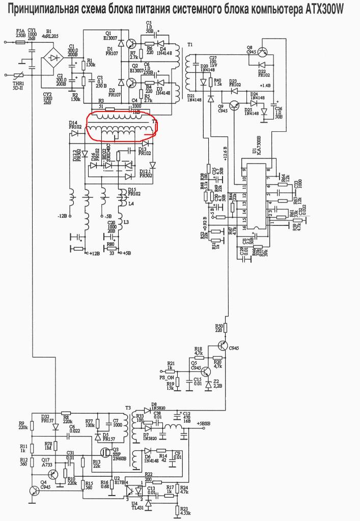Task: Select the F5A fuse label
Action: coord(21,32)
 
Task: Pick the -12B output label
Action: coord(62,216)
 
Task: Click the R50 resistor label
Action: coord(219,326)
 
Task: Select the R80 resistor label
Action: coord(110,244)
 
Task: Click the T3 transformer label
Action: coord(128,409)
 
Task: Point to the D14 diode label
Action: coord(73,123)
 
